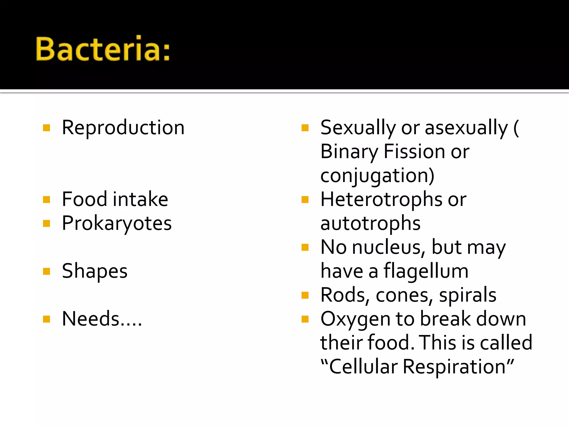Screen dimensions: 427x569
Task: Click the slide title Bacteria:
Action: [x=103, y=49]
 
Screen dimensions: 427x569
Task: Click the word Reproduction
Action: [x=123, y=128]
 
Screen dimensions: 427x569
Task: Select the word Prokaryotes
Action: [x=117, y=223]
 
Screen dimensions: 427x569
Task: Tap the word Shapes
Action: [x=95, y=271]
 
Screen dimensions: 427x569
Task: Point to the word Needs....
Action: [x=91, y=319]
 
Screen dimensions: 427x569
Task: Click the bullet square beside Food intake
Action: [x=47, y=200]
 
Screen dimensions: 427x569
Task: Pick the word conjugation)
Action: [x=377, y=176]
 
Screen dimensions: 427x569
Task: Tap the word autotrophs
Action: [x=370, y=223]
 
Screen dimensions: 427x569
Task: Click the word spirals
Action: [x=468, y=295]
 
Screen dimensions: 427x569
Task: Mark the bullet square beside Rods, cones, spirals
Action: [x=305, y=295]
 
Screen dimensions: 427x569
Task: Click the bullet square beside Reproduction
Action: [x=47, y=128]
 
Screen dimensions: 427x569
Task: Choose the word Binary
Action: [x=349, y=152]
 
